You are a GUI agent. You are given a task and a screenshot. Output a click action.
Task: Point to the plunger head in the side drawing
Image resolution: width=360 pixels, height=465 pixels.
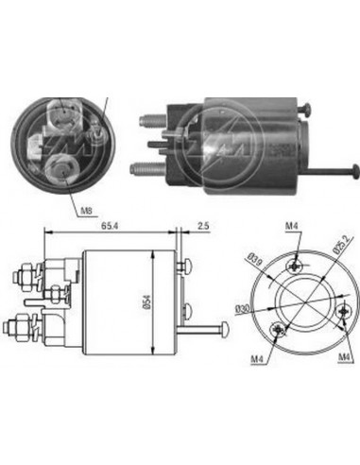coord(227,331)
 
